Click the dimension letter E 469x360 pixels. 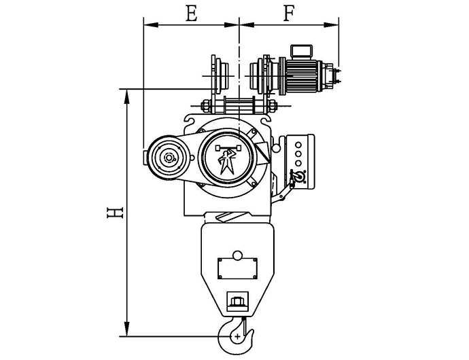point(192,14)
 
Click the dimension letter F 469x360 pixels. point(288,14)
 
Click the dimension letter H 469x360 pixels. point(115,213)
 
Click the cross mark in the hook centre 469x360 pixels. point(237,336)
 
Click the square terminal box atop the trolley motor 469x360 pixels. point(302,51)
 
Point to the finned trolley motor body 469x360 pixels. point(301,76)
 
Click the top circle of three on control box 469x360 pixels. point(298,145)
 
